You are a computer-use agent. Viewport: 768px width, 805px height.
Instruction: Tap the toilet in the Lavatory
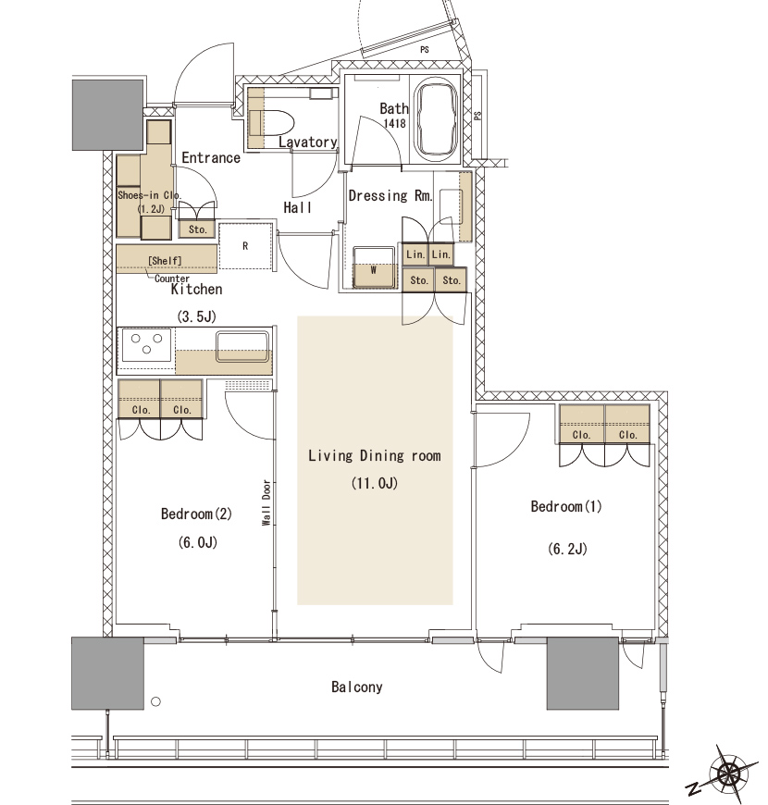click(270, 123)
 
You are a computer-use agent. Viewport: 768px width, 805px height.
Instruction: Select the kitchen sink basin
click(242, 347)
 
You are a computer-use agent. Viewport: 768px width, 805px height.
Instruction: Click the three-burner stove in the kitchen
click(147, 344)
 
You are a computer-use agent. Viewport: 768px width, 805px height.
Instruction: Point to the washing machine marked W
click(374, 268)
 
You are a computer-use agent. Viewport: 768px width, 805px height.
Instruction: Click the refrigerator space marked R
click(245, 246)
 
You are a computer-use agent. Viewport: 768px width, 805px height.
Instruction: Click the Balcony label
click(357, 687)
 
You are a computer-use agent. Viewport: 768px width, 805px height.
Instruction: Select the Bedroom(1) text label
click(565, 507)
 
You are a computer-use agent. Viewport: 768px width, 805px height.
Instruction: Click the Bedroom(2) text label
click(196, 514)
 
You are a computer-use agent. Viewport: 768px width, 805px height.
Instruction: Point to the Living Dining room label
click(374, 456)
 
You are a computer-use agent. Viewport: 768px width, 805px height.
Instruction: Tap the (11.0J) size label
click(374, 483)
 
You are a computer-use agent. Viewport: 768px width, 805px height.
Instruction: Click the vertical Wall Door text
click(266, 502)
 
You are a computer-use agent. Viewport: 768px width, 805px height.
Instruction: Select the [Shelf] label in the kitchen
click(165, 261)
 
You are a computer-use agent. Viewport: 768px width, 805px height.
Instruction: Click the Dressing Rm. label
click(390, 195)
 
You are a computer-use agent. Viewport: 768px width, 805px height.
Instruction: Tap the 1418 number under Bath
click(395, 124)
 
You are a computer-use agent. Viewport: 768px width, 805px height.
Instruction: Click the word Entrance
click(211, 157)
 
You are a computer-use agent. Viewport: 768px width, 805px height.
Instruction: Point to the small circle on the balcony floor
click(156, 701)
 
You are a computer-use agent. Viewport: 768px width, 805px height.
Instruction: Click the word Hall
click(298, 207)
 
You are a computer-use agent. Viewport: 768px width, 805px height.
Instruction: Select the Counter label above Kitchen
click(172, 279)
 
